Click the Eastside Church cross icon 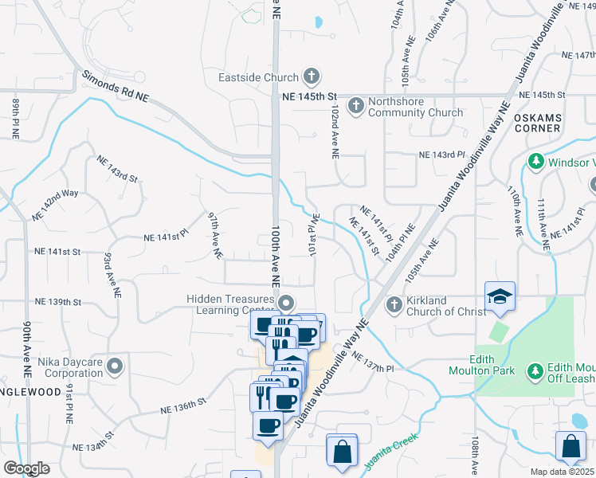[x=312, y=77]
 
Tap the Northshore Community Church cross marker [x=356, y=104]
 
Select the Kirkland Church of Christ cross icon [x=394, y=304]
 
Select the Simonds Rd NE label [x=116, y=86]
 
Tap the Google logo [x=26, y=468]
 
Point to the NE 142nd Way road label [x=55, y=206]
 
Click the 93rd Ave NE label [x=112, y=275]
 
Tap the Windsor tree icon [x=535, y=163]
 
